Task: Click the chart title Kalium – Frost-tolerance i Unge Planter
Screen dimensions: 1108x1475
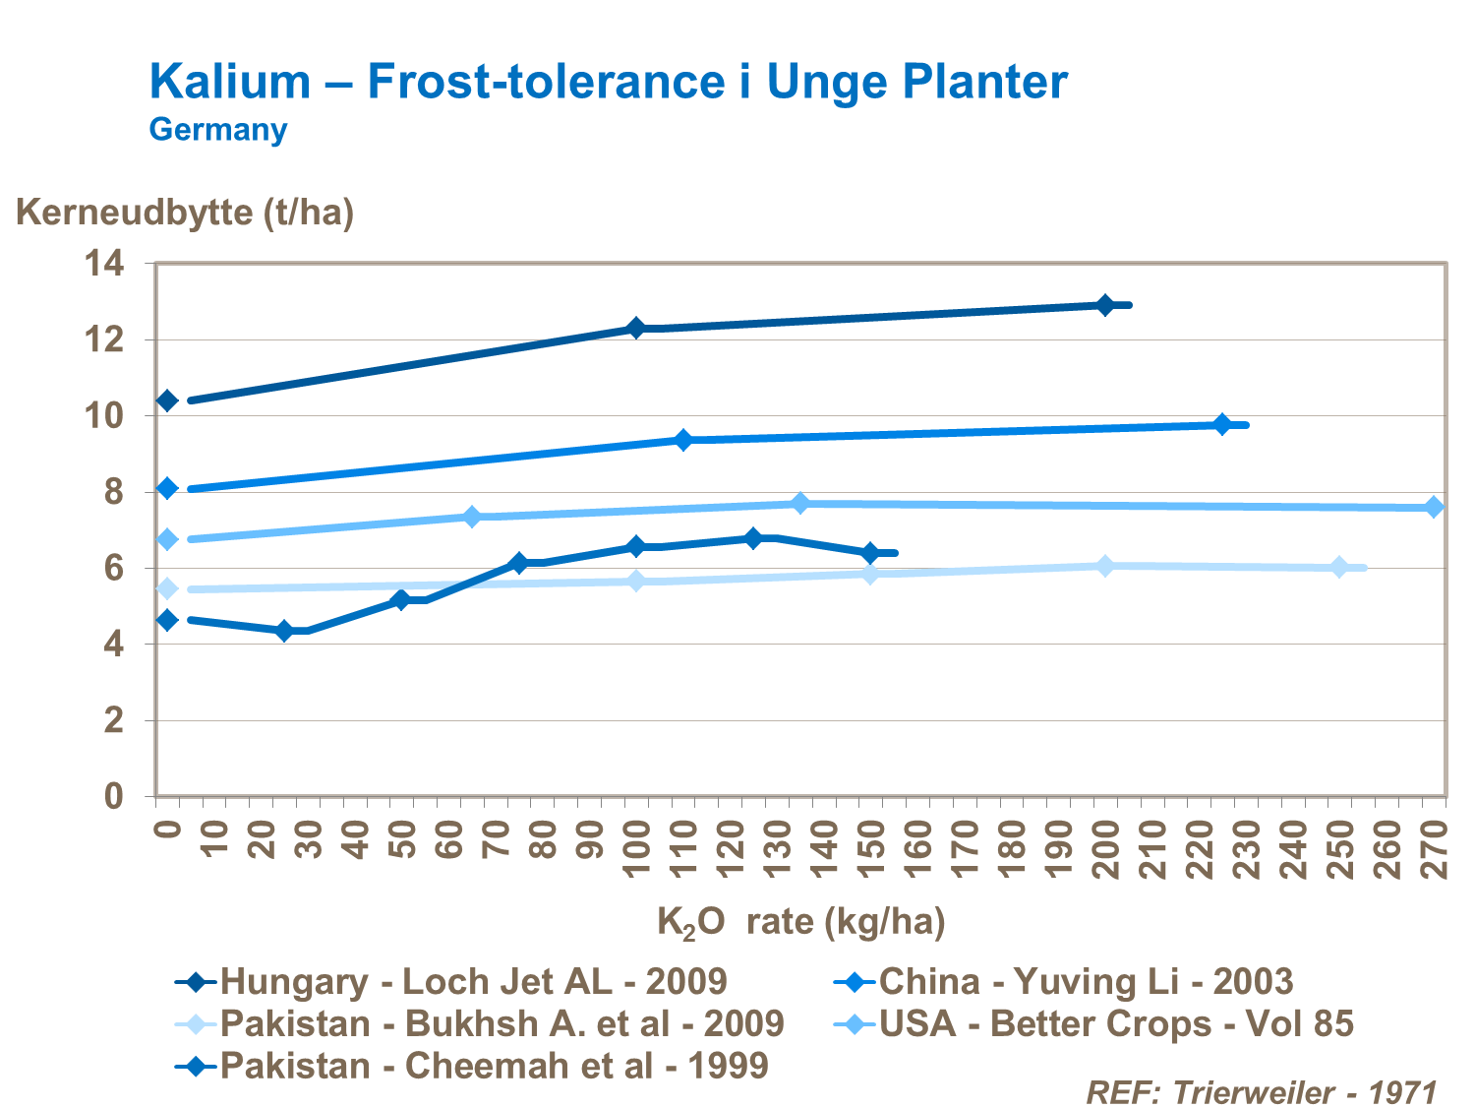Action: (608, 82)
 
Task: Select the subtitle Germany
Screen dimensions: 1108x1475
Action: (217, 130)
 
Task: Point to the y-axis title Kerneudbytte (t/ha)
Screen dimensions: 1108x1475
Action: (185, 212)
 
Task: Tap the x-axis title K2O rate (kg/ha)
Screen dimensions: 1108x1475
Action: (800, 922)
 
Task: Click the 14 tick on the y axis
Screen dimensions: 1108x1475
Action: (104, 264)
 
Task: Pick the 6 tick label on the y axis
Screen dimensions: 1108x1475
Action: (114, 569)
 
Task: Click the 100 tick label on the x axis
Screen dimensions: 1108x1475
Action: (637, 848)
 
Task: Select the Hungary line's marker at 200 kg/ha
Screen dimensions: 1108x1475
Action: (1104, 305)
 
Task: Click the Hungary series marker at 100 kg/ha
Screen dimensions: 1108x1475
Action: (636, 328)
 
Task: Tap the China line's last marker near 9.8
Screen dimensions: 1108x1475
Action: (1222, 424)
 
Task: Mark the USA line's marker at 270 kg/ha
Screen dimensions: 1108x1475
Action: (1435, 507)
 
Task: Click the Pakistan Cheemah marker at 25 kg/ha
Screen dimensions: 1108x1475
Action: (285, 631)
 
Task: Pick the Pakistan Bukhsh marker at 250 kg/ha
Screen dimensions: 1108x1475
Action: (1339, 567)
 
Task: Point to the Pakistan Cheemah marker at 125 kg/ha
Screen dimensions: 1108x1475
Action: (753, 538)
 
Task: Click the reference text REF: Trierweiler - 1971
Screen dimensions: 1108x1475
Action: (1261, 1092)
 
